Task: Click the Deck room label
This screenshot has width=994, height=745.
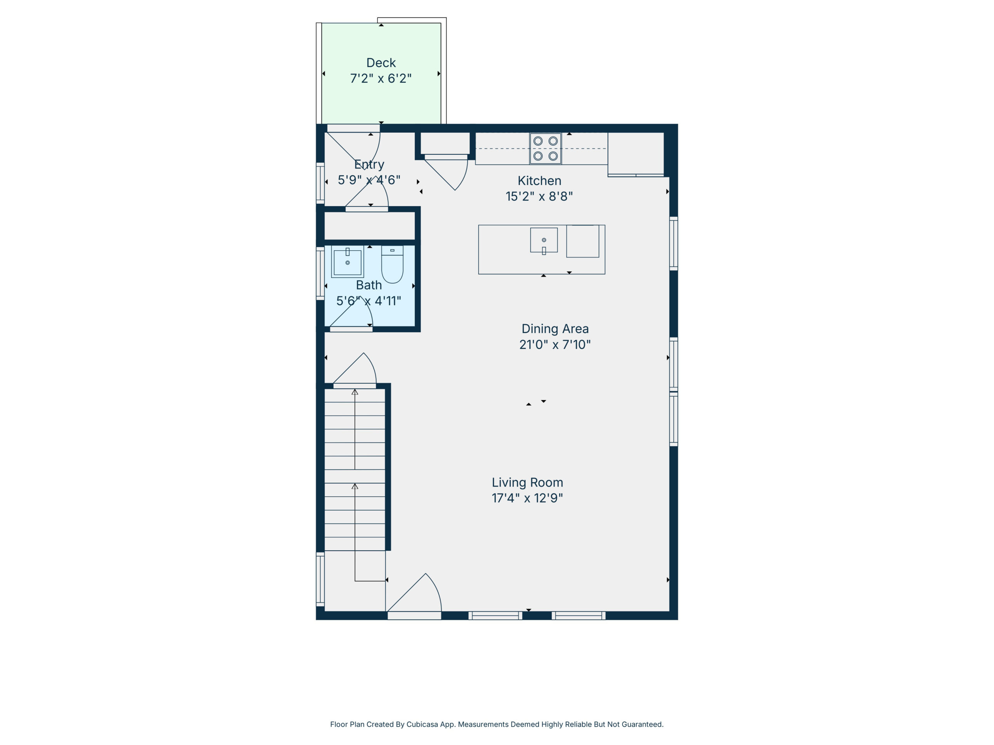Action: pyautogui.click(x=381, y=63)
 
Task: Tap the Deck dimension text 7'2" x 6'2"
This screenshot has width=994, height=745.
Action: pyautogui.click(x=381, y=79)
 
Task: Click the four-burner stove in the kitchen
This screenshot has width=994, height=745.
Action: pyautogui.click(x=546, y=149)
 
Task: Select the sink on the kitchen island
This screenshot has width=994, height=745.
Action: pyautogui.click(x=544, y=240)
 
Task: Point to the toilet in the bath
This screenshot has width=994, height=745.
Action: pyautogui.click(x=392, y=265)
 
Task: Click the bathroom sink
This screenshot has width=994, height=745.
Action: pyautogui.click(x=348, y=262)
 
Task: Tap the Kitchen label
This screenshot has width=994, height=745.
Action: pyautogui.click(x=539, y=181)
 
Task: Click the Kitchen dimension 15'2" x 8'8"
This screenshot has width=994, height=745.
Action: pyautogui.click(x=539, y=197)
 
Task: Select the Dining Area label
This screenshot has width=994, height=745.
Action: pyautogui.click(x=555, y=329)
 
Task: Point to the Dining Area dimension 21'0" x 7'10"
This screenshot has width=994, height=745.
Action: pyautogui.click(x=555, y=345)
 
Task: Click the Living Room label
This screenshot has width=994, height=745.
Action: pyautogui.click(x=527, y=482)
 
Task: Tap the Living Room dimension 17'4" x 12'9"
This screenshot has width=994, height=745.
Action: pyautogui.click(x=527, y=498)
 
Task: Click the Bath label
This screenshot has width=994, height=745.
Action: pyautogui.click(x=369, y=285)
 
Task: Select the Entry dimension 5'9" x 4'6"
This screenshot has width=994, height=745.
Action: pyautogui.click(x=369, y=180)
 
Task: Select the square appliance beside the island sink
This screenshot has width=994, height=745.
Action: pyautogui.click(x=583, y=241)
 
